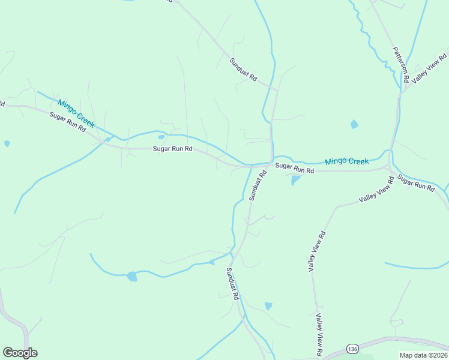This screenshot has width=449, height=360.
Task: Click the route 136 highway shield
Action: [352, 349]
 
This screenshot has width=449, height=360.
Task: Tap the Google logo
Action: [20, 353]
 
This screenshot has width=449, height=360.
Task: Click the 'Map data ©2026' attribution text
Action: [423, 355]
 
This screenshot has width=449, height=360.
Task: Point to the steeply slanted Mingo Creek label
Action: [76, 113]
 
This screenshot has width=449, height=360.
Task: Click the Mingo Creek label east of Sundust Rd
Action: [346, 161]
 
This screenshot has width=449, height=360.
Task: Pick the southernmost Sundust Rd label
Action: [233, 283]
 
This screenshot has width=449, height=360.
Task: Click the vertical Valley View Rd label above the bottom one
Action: [316, 251]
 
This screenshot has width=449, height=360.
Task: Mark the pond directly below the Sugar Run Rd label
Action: [295, 180]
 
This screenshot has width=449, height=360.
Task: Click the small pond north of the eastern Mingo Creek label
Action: [354, 124]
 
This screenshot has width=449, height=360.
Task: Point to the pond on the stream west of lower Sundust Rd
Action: [132, 277]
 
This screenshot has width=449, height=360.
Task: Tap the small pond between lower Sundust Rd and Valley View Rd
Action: [268, 306]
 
